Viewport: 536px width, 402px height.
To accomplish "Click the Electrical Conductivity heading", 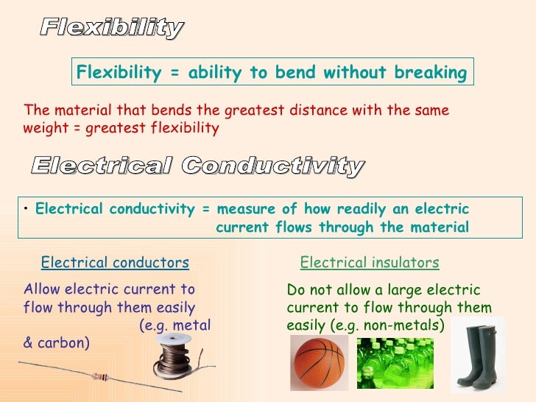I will coord(197,166).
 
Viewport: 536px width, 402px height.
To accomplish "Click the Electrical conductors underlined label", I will coord(115,263).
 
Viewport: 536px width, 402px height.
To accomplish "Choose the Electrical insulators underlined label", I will coord(370,263).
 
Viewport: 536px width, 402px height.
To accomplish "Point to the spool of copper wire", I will coord(177,356).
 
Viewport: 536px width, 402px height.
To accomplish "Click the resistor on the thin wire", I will coord(100,376).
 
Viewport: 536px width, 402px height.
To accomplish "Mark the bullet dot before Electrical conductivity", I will coord(26,209).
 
